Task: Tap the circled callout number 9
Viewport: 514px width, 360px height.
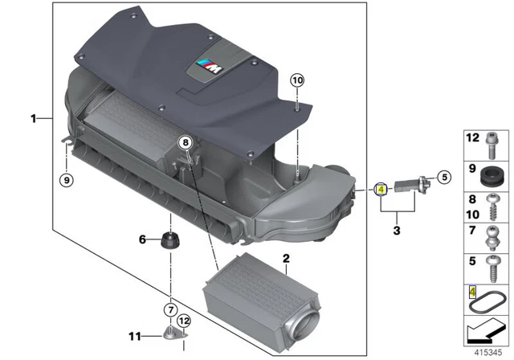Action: pos(65,179)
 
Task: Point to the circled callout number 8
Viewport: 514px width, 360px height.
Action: pos(186,142)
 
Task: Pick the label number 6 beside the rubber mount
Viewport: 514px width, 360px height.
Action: pos(143,239)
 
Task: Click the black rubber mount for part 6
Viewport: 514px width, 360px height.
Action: pos(170,239)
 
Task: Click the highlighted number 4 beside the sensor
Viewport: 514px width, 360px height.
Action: pos(381,190)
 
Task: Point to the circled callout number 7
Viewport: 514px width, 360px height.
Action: pos(170,309)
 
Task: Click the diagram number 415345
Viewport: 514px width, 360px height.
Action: pos(488,350)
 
